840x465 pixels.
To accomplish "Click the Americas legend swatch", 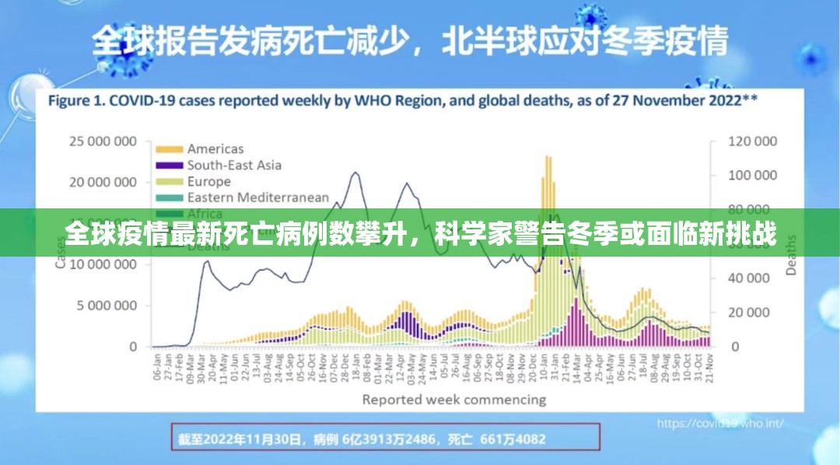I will click(x=169, y=149).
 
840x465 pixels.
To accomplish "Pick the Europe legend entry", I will click(x=208, y=181).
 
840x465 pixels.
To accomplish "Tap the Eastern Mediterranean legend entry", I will click(x=257, y=198).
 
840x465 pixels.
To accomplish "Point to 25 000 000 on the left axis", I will click(x=103, y=142).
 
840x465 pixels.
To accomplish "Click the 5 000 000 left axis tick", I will click(x=107, y=306).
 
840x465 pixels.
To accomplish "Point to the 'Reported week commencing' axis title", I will click(x=453, y=400).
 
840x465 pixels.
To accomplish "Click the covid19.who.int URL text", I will click(x=719, y=424).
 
